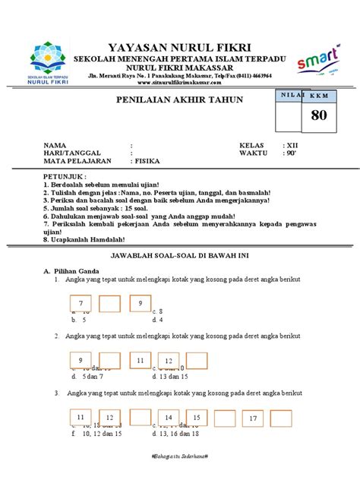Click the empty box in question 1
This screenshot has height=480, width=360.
pos(109,304)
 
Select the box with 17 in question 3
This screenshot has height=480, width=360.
pos(254,418)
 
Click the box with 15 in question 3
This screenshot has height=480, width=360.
pos(196,418)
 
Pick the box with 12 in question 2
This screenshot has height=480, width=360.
pos(169,362)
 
